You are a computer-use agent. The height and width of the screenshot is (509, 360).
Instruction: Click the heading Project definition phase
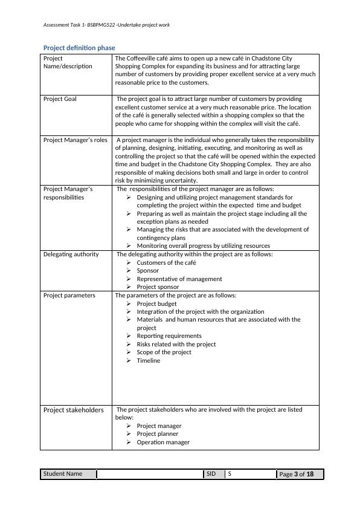pos(79,47)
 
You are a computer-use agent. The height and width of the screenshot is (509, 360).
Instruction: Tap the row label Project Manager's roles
pos(75,140)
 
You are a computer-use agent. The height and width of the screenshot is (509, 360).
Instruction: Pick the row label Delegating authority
pos(71,254)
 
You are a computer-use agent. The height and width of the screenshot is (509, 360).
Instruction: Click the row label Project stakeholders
pos(73,410)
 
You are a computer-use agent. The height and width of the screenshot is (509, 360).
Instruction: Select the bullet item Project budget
pos(156,303)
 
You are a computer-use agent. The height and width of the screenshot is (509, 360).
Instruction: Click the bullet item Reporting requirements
pos(169,336)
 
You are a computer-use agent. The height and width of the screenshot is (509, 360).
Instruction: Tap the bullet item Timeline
pos(149,361)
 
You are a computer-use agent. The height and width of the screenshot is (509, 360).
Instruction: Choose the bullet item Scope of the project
pos(164,352)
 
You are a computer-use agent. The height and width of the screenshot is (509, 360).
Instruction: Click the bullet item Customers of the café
pos(166,263)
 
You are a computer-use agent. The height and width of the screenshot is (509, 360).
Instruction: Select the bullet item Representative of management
pos(179,279)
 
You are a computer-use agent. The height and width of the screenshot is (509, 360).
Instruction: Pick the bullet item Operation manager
pos(163,443)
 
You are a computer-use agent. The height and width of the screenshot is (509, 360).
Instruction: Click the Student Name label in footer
pos(62,474)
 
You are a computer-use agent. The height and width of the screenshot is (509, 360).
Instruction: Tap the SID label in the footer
pos(211,474)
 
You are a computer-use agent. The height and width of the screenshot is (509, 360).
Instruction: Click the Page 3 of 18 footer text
pos(299,475)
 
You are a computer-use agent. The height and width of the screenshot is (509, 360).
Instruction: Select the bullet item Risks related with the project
pos(176,345)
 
